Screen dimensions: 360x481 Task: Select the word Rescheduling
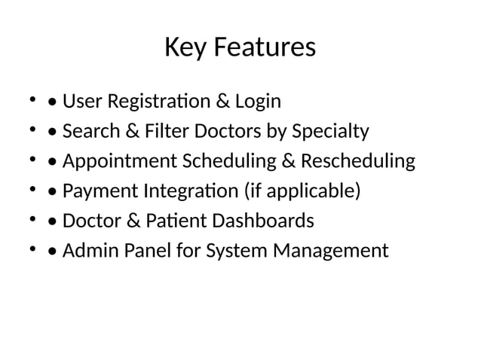(x=358, y=161)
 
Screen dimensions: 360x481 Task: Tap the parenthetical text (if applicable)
(x=302, y=191)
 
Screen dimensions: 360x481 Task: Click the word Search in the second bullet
(x=87, y=131)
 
